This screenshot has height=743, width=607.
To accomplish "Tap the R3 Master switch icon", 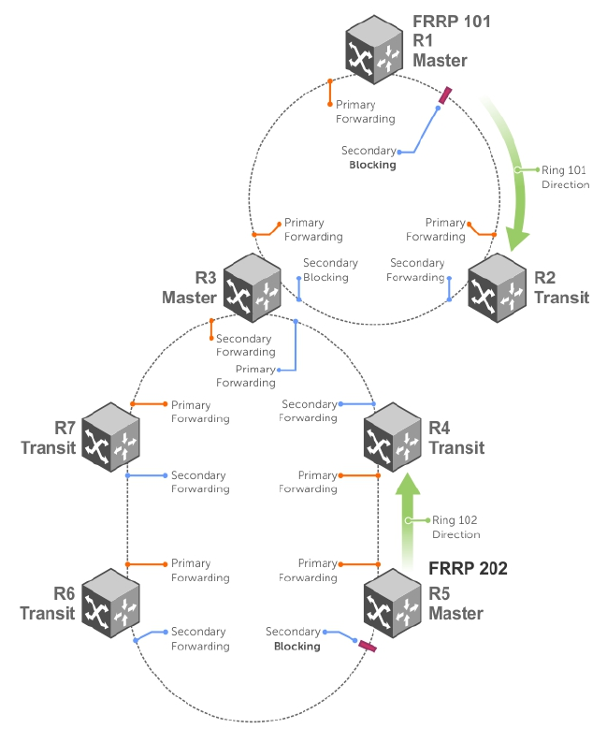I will pyautogui.click(x=252, y=284).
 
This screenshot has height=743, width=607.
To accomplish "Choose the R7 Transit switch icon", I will pyautogui.click(x=111, y=436).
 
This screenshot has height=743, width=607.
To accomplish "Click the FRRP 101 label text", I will pyautogui.click(x=452, y=21).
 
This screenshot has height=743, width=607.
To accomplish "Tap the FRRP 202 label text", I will pyautogui.click(x=468, y=567).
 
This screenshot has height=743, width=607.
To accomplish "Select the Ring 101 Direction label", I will pyautogui.click(x=565, y=178).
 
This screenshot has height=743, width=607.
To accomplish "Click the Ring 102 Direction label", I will pyautogui.click(x=455, y=527).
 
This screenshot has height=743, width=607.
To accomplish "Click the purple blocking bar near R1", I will pyautogui.click(x=445, y=96).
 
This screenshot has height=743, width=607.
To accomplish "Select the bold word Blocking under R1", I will pyautogui.click(x=372, y=165).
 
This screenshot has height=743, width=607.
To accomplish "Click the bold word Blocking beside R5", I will pyautogui.click(x=296, y=647).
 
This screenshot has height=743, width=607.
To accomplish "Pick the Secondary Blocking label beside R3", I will pyautogui.click(x=325, y=270).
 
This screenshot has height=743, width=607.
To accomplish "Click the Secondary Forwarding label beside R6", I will pyautogui.click(x=199, y=639).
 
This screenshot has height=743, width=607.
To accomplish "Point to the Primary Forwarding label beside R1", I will pyautogui.click(x=365, y=112).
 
